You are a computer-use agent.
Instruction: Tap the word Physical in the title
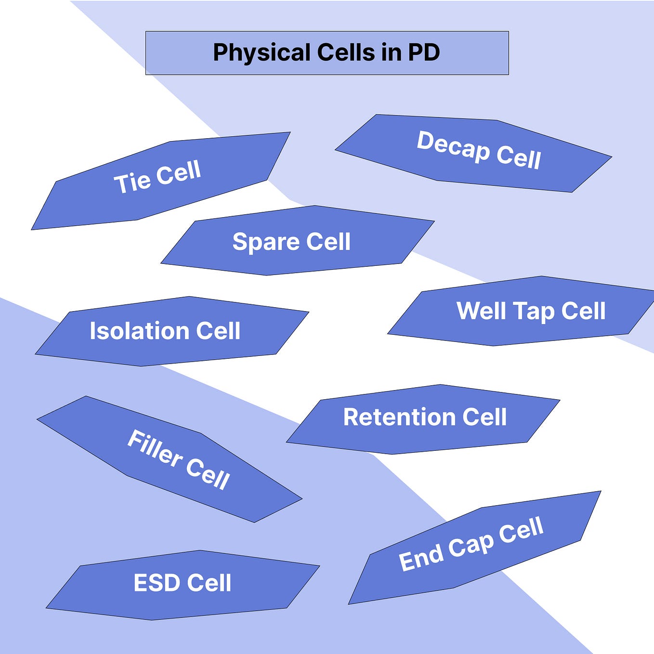point(262,52)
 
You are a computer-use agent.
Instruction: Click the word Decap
point(453,146)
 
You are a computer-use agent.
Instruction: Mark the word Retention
point(399,417)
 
